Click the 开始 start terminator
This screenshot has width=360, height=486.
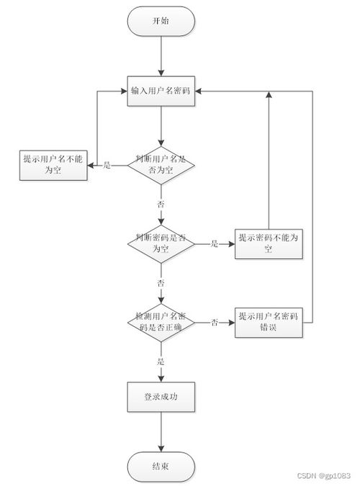click(x=161, y=22)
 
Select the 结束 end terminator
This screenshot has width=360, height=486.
click(x=161, y=467)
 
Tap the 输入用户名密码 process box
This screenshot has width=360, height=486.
click(x=161, y=91)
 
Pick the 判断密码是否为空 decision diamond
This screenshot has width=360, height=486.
click(x=161, y=243)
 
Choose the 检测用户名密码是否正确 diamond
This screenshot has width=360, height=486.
click(x=161, y=321)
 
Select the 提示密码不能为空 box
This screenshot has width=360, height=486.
click(x=269, y=243)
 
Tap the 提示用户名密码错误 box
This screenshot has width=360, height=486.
click(x=269, y=321)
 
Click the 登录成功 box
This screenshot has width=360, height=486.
click(x=161, y=396)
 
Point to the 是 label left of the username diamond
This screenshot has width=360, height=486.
click(x=108, y=166)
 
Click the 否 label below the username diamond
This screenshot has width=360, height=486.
click(x=161, y=204)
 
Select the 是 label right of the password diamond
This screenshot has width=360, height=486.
click(x=215, y=244)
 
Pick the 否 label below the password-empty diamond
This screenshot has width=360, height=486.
click(x=161, y=282)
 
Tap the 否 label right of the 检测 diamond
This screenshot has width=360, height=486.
click(x=215, y=322)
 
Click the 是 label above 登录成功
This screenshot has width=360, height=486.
click(x=161, y=361)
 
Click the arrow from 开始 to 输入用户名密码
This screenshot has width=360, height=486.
click(x=161, y=56)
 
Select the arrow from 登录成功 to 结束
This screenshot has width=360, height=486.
click(x=161, y=432)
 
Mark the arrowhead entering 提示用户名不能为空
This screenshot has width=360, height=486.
click(x=91, y=166)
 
